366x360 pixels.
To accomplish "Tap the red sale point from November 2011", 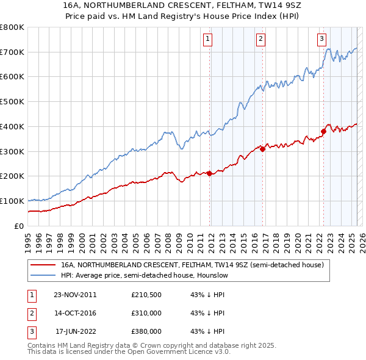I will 210,173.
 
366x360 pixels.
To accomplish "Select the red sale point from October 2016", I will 262,148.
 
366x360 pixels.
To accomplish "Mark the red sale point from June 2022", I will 323,131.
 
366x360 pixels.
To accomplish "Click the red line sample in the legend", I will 43,265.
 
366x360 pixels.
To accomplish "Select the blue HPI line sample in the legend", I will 43,276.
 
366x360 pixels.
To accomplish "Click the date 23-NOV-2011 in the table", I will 75,295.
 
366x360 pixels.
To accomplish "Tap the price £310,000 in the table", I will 146,313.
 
